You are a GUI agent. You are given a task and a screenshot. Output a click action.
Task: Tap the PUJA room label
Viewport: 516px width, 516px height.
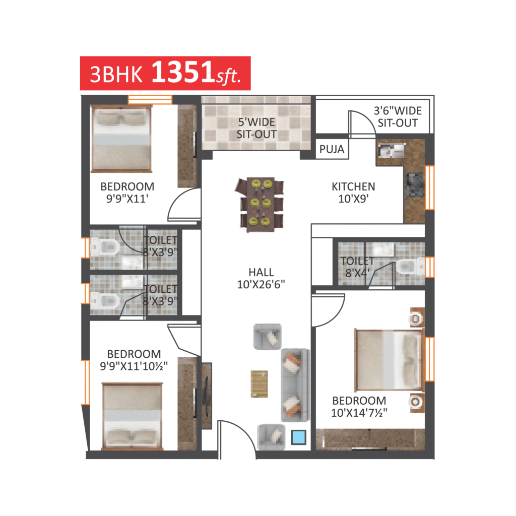332,149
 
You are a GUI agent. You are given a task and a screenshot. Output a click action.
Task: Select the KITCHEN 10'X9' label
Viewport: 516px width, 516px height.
353,192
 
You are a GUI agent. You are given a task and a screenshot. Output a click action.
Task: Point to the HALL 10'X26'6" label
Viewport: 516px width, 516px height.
261,278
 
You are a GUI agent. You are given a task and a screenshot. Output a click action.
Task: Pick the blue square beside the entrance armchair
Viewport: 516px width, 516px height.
298,438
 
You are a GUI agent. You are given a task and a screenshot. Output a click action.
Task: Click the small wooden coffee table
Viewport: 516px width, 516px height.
260,384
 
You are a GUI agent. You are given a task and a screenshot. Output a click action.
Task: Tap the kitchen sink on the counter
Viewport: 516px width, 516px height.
391,151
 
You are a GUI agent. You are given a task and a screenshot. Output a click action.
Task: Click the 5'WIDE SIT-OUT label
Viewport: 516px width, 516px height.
256,128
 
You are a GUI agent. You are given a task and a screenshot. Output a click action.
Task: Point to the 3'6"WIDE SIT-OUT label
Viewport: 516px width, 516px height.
398,117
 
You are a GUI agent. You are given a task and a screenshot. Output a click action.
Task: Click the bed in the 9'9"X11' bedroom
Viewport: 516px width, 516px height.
121,139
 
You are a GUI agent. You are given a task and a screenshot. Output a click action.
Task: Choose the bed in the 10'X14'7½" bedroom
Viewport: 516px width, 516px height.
389,360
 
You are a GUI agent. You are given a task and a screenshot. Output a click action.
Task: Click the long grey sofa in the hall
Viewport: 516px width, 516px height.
295,385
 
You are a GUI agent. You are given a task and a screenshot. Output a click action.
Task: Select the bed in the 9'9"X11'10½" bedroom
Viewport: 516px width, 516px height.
133,416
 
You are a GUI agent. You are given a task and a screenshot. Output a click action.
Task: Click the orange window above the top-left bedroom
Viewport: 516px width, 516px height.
150,99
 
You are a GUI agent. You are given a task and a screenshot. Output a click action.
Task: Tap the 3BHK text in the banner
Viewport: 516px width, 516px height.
116,75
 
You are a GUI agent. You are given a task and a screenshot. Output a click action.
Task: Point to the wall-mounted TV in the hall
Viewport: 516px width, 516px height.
207,396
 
